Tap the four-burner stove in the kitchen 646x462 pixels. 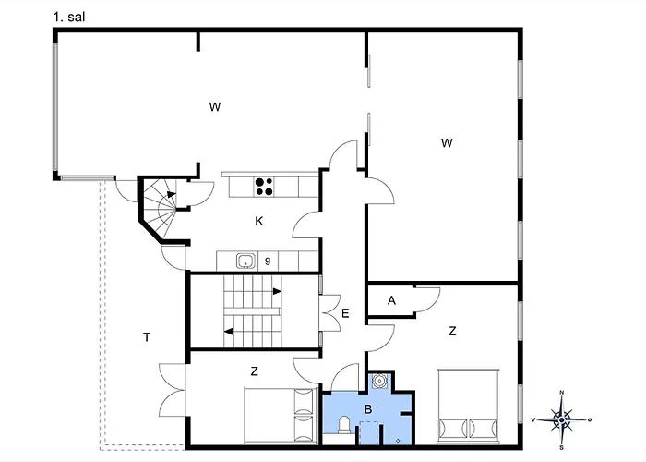click(x=264, y=187)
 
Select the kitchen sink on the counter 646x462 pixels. click(x=245, y=261)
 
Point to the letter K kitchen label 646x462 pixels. click(x=260, y=221)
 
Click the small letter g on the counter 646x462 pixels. click(x=267, y=261)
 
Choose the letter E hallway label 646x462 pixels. click(x=344, y=313)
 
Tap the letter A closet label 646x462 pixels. click(x=391, y=300)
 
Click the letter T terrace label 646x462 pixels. click(x=146, y=336)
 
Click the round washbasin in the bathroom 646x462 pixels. click(x=377, y=380)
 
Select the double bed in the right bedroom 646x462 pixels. click(x=468, y=406)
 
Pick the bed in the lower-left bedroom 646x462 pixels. click(x=280, y=414)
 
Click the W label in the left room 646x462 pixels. click(x=214, y=107)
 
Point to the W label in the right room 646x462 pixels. click(x=447, y=142)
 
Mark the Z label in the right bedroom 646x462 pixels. click(x=452, y=331)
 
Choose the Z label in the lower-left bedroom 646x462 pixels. click(x=254, y=371)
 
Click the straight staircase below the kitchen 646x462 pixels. click(x=254, y=310)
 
